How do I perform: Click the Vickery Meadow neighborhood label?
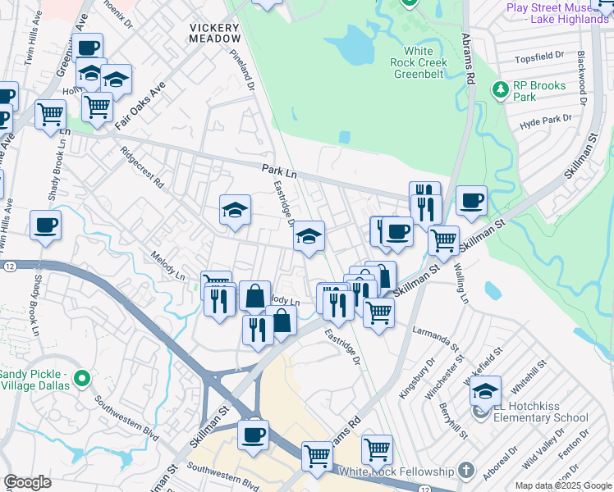[216, 33]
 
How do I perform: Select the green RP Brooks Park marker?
[498, 89]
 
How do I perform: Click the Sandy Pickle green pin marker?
[80, 379]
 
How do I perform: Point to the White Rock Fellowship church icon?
[466, 470]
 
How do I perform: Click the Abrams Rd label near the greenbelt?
[470, 66]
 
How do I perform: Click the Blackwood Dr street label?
[582, 79]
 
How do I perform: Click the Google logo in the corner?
[27, 482]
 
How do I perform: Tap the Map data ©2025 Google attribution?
[562, 485]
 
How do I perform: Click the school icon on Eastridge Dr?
[309, 238]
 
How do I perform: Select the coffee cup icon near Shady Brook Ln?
[46, 225]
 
